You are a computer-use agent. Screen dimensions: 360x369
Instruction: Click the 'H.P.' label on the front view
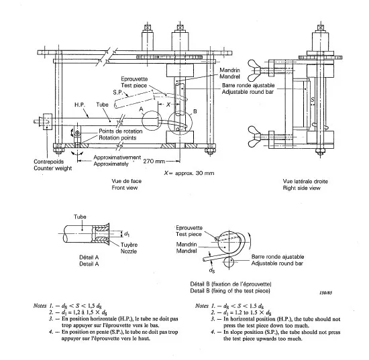(78, 106)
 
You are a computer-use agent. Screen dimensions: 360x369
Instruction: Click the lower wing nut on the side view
(297, 131)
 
